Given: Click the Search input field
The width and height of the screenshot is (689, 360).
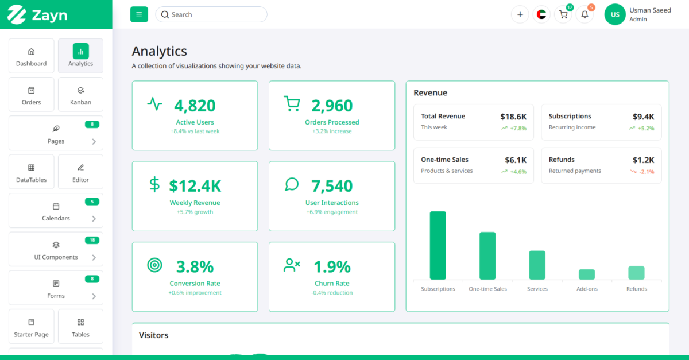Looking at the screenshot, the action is (x=211, y=14).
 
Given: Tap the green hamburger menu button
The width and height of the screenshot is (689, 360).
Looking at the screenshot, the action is (x=139, y=14).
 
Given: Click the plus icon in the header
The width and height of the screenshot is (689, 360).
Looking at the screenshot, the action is (x=520, y=14).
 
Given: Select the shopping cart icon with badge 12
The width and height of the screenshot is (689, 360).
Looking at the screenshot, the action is (x=563, y=14).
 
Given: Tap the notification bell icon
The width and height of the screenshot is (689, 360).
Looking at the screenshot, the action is (x=585, y=14).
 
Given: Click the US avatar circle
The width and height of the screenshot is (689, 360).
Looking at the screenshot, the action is (x=615, y=14).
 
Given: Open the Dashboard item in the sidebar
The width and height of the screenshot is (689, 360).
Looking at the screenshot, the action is (x=32, y=56).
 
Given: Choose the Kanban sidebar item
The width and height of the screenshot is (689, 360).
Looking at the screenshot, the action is (x=80, y=95).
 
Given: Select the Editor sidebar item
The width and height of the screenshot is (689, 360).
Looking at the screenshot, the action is (x=80, y=172).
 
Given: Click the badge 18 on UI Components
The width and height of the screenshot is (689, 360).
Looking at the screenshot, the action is (x=92, y=240).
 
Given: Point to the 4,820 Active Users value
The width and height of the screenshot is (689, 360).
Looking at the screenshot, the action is (x=195, y=106).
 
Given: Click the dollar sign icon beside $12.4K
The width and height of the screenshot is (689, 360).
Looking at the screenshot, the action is (x=154, y=185).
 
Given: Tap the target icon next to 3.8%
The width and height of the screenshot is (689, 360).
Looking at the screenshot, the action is (x=154, y=265).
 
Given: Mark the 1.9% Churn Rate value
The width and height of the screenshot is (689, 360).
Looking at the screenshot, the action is (x=332, y=267).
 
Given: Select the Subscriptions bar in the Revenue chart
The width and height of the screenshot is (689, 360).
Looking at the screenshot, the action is (x=438, y=245).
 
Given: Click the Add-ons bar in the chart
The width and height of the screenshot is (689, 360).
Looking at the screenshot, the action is (x=587, y=274).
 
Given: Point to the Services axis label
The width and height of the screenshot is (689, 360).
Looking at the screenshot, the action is (x=537, y=289).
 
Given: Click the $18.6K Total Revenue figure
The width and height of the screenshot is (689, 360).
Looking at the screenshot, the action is (x=513, y=117).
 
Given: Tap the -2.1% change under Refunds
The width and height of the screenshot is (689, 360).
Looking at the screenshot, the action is (x=647, y=172).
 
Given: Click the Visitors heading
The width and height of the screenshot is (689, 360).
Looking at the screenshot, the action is (x=153, y=335).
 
